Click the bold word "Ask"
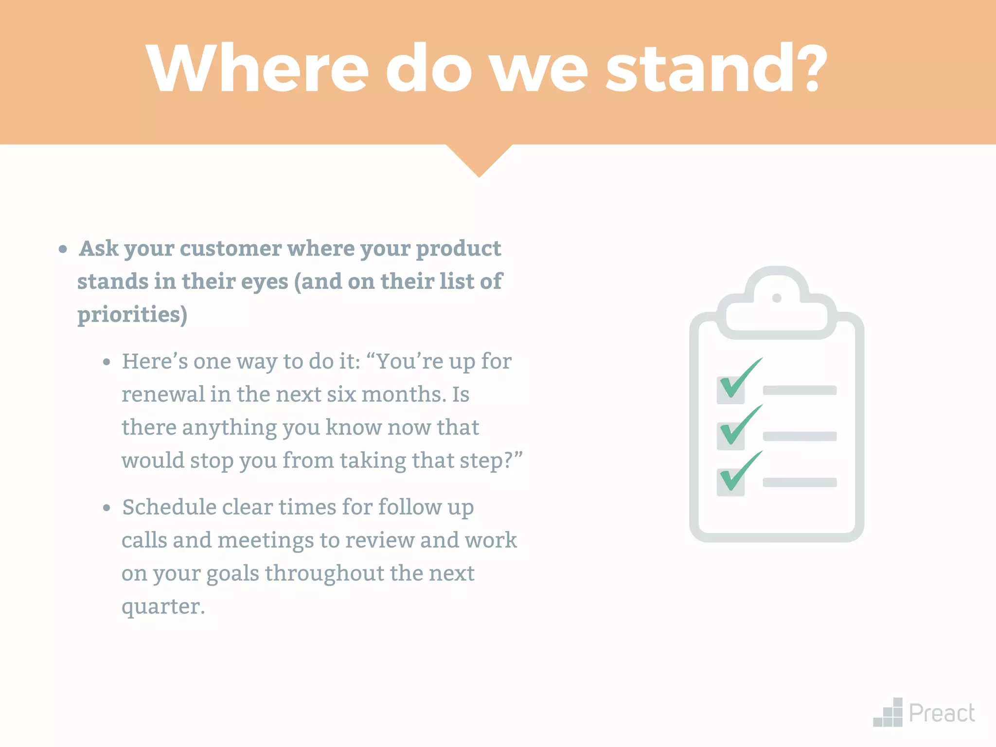[x=99, y=249]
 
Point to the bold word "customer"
[x=231, y=249]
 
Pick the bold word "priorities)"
[x=132, y=315]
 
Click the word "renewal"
[x=163, y=394]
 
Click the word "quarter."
[x=163, y=606]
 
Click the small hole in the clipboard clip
[x=777, y=298]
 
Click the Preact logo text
[x=942, y=713]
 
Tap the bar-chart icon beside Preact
[x=888, y=713]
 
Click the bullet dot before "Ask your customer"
[x=63, y=249]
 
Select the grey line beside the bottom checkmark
[x=800, y=482]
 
